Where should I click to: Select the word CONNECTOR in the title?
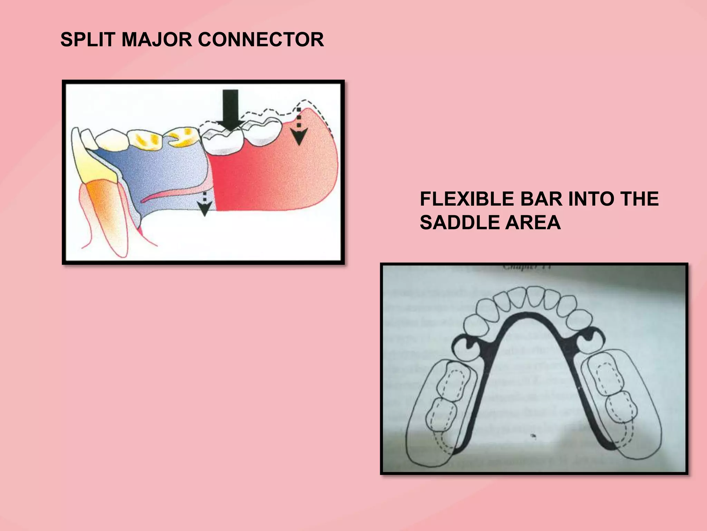(x=261, y=39)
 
